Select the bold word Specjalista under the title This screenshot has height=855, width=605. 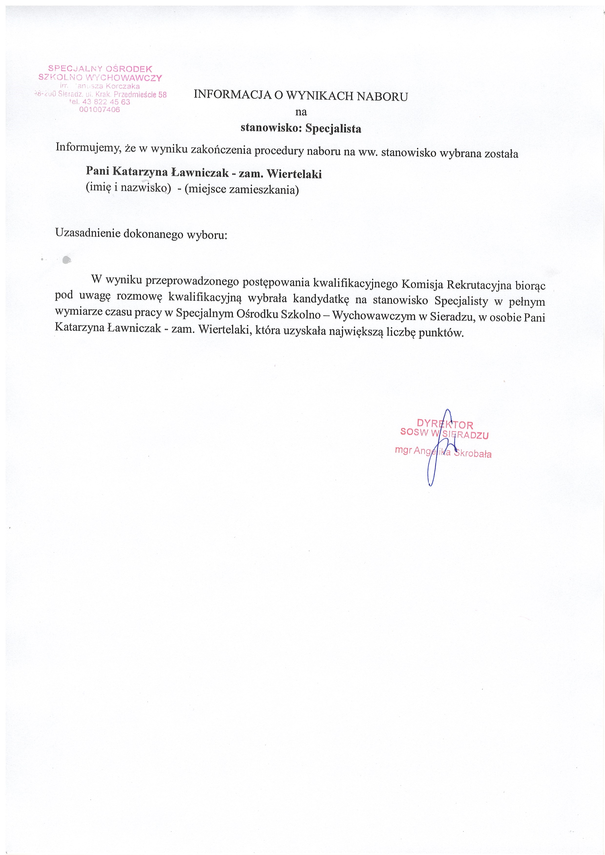[333, 129]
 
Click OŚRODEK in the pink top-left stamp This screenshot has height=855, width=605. [129, 69]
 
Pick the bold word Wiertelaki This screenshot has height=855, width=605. [294, 174]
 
